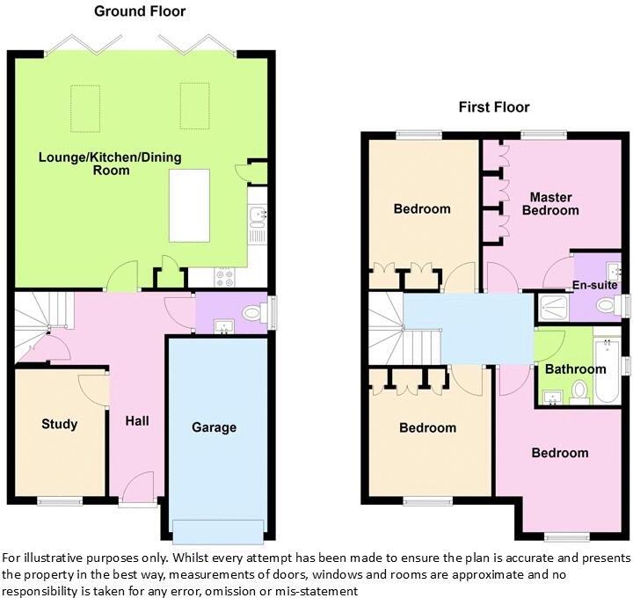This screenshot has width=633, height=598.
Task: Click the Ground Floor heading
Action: (x=140, y=11)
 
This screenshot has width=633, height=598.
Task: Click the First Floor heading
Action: (x=494, y=107)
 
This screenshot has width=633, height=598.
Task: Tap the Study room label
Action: (x=60, y=424)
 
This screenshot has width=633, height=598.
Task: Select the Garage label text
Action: (x=215, y=427)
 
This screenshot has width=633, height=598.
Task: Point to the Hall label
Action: (x=137, y=421)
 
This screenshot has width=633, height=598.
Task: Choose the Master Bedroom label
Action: (x=550, y=203)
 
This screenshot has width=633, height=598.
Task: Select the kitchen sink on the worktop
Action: (x=257, y=215)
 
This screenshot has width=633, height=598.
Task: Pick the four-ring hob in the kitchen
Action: (x=224, y=278)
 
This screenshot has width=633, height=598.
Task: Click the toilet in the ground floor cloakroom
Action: (x=254, y=310)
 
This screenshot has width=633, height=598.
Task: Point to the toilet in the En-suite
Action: (x=606, y=305)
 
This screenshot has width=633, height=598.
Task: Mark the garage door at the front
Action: (x=218, y=531)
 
